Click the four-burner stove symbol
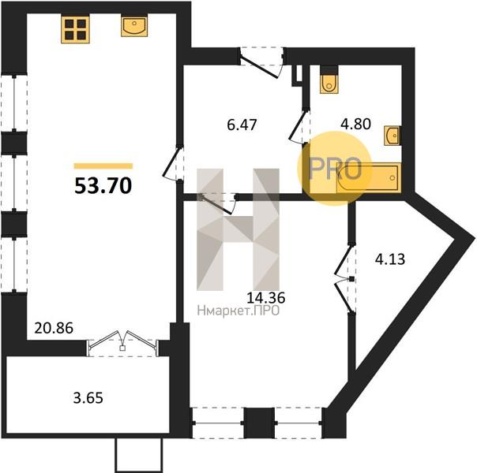click(75, 30)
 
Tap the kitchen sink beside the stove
click(134, 26)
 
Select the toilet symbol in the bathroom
click(329, 80)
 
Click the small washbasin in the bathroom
click(392, 136)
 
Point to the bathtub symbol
click(369, 177)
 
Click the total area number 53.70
click(103, 185)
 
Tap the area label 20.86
click(54, 328)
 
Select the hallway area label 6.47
click(242, 125)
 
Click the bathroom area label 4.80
click(356, 125)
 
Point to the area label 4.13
click(390, 259)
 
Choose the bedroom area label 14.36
click(266, 298)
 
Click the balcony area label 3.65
click(88, 398)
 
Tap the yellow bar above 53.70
click(103, 166)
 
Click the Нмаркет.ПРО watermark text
click(238, 311)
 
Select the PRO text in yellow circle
click(335, 169)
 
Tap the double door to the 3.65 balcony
click(122, 344)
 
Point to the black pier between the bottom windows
click(260, 423)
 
